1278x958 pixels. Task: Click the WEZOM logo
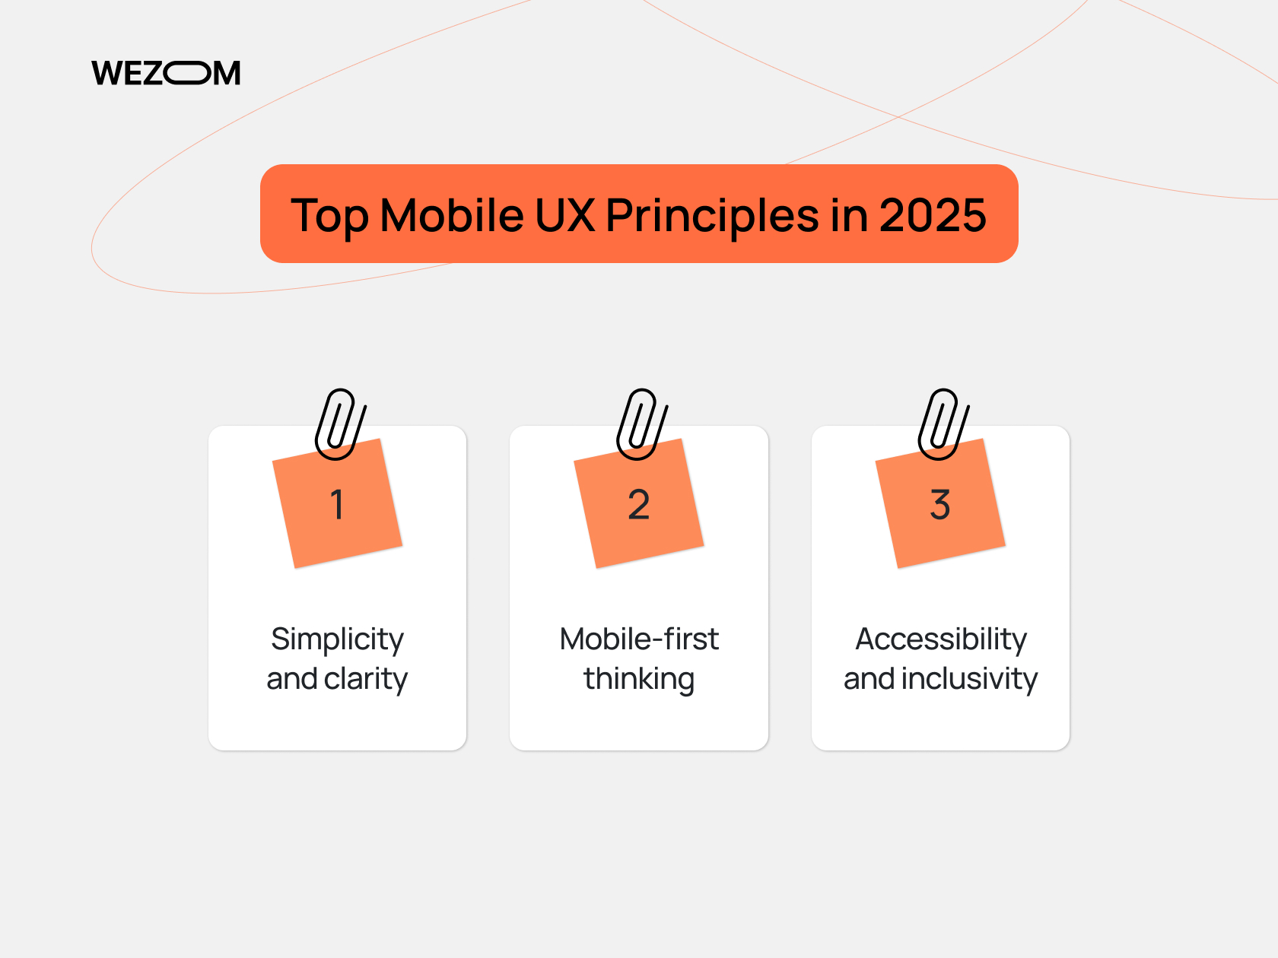[x=166, y=73]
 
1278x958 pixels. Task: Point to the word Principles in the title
[x=712, y=216]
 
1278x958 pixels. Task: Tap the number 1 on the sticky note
[x=337, y=505]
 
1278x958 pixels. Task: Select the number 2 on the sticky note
[x=639, y=505]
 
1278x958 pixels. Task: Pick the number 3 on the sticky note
[x=940, y=505]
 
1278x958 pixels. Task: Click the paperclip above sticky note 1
[x=339, y=423]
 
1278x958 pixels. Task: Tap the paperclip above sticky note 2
[x=641, y=423]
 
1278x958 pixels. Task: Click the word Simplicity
[x=337, y=640]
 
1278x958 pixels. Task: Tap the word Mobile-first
[x=639, y=639]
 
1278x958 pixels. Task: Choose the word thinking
[x=639, y=680]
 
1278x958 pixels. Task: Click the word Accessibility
[x=941, y=640]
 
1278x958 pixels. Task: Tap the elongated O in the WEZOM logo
[x=187, y=73]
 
